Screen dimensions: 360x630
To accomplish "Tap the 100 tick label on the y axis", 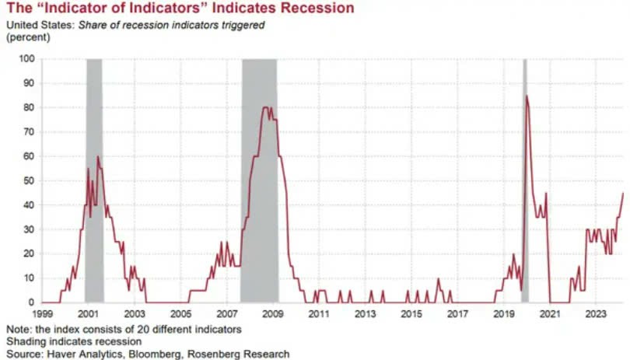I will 27,58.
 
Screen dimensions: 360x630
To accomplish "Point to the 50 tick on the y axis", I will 30,180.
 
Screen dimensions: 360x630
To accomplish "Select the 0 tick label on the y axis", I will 32,302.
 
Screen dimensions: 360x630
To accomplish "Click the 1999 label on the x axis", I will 42,314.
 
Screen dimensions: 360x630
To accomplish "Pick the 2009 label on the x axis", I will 273,314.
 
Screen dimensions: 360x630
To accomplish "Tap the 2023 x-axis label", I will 597,314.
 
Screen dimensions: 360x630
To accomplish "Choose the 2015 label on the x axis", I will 411,314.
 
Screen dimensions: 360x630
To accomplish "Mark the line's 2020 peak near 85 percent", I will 527,96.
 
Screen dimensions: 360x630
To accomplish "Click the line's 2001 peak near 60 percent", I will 98,157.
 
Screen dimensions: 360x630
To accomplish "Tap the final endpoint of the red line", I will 623,193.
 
